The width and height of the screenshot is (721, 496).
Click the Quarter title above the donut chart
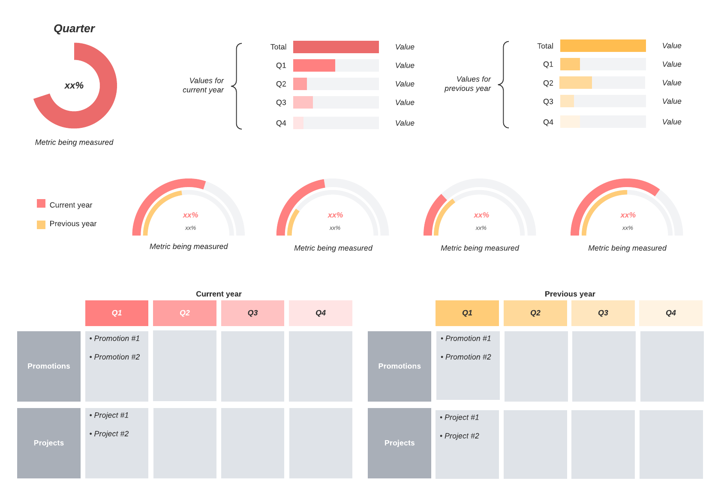click(x=74, y=29)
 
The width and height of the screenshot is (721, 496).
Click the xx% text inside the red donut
click(x=74, y=85)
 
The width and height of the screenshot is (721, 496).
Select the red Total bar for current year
click(x=336, y=47)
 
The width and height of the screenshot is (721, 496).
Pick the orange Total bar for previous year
click(x=603, y=45)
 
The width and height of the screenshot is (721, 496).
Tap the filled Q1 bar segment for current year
click(x=314, y=65)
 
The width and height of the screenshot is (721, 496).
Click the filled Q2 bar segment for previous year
click(x=576, y=82)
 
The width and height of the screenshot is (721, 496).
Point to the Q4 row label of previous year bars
click(x=548, y=122)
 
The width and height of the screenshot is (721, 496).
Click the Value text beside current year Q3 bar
click(x=405, y=103)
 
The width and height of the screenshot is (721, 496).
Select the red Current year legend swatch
click(x=41, y=203)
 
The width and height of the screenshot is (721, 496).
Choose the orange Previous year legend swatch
click(x=41, y=224)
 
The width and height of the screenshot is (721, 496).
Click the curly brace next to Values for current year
click(x=237, y=86)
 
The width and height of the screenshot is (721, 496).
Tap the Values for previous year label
click(x=468, y=84)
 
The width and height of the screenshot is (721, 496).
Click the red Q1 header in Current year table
click(x=117, y=313)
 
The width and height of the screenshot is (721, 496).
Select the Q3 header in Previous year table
click(x=603, y=313)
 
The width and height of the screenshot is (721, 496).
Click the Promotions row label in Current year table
click(x=49, y=366)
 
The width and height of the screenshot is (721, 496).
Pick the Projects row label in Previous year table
click(x=400, y=443)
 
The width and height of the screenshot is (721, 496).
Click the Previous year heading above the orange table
click(x=570, y=294)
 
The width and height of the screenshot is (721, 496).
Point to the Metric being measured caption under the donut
click(x=74, y=142)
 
